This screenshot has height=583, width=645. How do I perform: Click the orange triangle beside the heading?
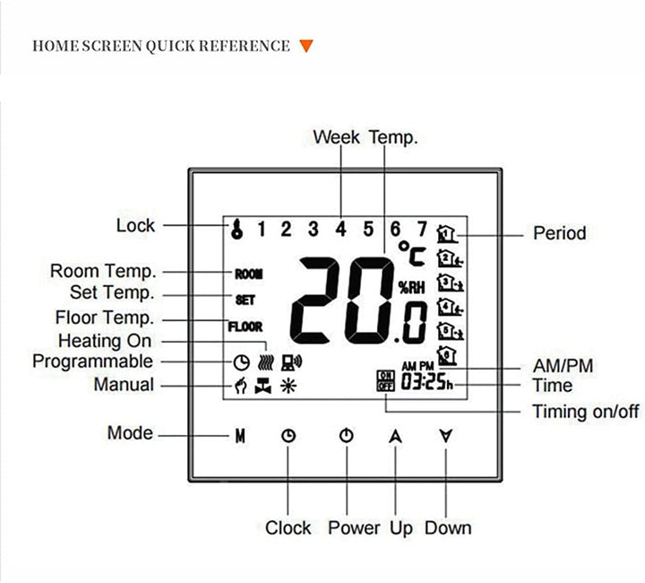pos(306,46)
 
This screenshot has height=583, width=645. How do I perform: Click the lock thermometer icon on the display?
pos(237,229)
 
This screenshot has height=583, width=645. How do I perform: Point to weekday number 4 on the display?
pos(340,229)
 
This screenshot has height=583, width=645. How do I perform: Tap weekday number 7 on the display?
pos(421,229)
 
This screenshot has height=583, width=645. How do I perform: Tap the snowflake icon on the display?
pos(288,387)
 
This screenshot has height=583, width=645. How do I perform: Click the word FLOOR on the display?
pos(245,327)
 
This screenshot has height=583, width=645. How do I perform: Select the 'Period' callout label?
pos(559,233)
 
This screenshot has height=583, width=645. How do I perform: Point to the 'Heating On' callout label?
pos(105,341)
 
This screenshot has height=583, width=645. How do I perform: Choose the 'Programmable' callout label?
pos(92,361)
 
